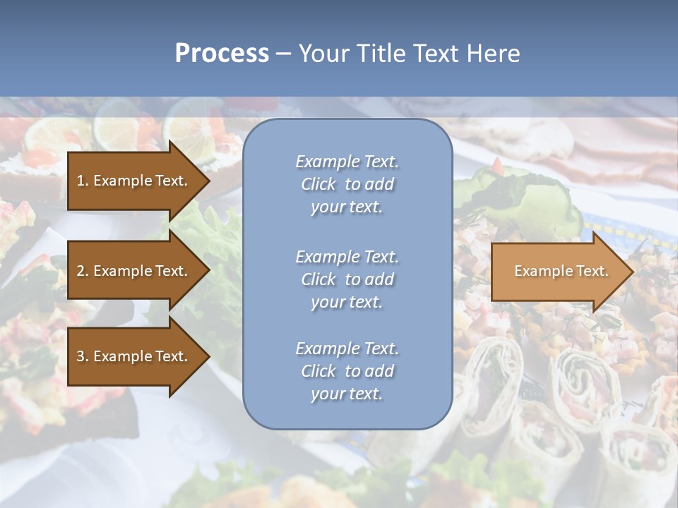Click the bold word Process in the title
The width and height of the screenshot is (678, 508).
[222, 54]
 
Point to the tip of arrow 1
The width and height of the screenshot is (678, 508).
[209, 181]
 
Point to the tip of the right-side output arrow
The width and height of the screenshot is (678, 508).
[633, 272]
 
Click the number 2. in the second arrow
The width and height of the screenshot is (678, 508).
[83, 271]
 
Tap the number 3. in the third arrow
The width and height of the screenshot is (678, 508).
[83, 356]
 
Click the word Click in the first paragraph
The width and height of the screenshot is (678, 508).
[318, 184]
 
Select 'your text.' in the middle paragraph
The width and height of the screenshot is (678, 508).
[346, 302]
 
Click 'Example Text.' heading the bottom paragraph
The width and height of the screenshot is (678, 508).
[347, 349]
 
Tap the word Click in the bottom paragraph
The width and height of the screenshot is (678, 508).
[318, 371]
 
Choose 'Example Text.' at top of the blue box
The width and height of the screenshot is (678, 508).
[347, 162]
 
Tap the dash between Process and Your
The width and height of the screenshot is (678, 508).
[283, 54]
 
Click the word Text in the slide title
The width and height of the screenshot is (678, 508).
[433, 54]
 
